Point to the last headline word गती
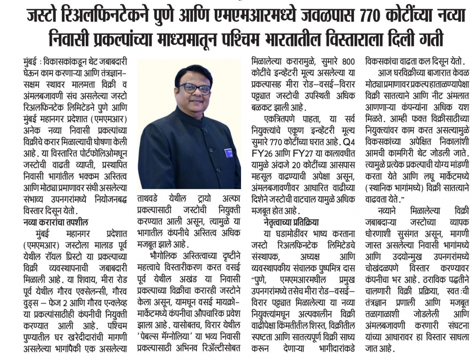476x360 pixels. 430,38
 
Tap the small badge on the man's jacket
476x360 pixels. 229,152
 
